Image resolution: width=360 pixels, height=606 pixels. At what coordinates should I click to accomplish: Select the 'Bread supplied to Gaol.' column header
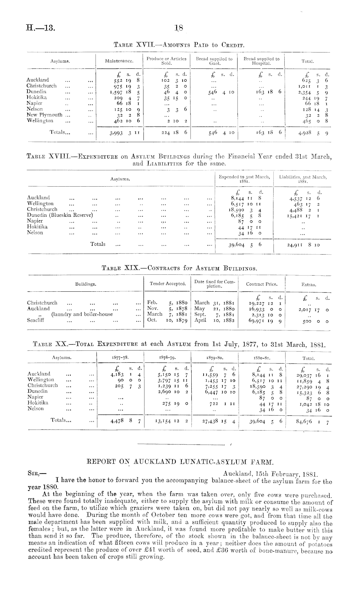(x=214, y=61)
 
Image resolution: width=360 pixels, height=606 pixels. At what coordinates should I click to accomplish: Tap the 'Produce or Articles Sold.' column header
(x=166, y=61)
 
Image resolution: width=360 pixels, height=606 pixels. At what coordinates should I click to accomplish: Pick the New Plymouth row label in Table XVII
(x=45, y=115)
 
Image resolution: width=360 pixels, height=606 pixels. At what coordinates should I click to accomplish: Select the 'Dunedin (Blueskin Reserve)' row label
(x=60, y=215)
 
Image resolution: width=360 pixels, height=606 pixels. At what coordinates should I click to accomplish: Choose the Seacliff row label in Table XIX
(x=36, y=320)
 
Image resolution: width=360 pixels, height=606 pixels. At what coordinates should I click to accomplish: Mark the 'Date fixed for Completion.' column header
(x=215, y=284)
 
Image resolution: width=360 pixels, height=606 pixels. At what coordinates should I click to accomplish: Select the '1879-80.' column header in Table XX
(x=214, y=358)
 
